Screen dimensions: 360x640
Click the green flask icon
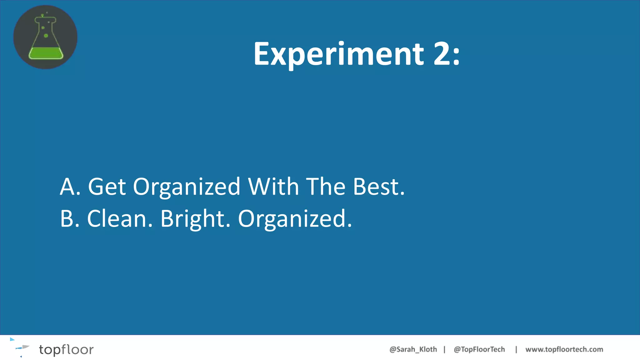point(45,37)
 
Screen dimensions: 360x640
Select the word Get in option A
point(107,187)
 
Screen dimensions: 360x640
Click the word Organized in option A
point(187,187)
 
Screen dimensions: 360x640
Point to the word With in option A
point(273,187)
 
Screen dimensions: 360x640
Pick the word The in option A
point(326,187)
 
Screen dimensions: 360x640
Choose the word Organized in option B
point(295,219)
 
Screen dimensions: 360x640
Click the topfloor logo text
point(66,349)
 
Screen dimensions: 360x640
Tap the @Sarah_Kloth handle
point(413,349)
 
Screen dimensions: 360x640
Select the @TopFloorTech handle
point(479,349)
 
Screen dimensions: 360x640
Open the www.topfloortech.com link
point(564,349)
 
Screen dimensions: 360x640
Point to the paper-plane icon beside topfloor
point(22,347)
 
